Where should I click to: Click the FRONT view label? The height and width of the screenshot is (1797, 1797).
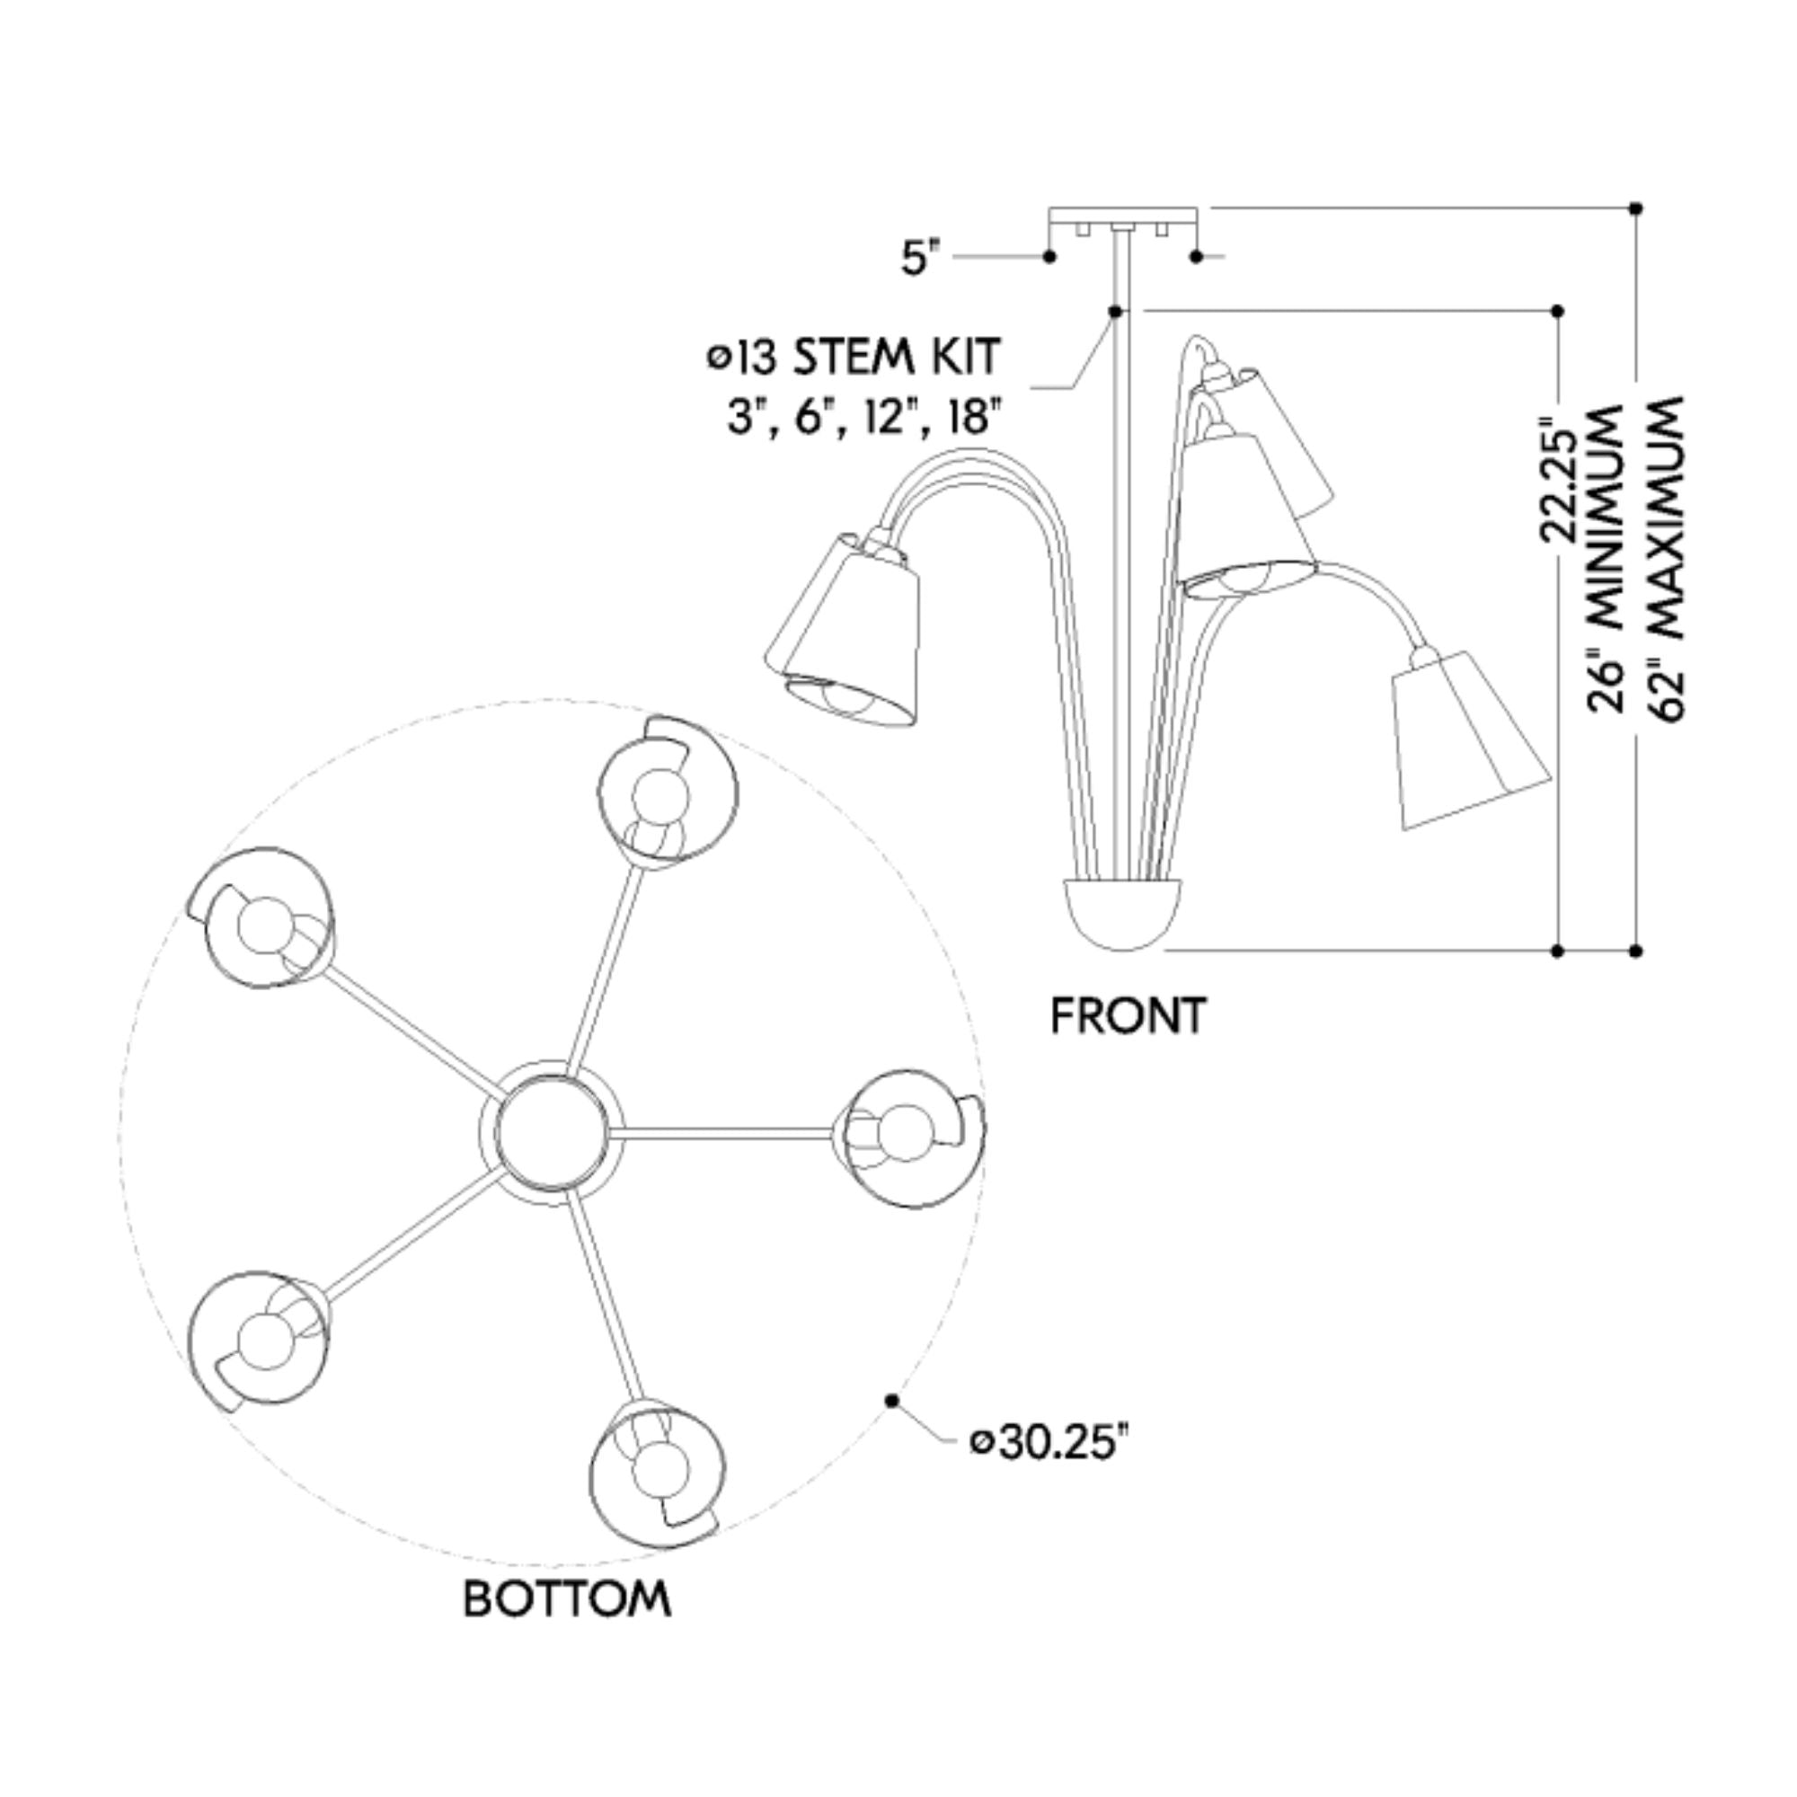(1128, 1015)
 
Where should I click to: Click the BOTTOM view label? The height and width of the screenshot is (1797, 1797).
(566, 1599)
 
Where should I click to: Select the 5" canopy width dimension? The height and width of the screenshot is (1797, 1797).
(920, 257)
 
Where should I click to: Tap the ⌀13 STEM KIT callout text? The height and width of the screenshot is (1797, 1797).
(854, 358)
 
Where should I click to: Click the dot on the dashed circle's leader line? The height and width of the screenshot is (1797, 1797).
(892, 1401)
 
